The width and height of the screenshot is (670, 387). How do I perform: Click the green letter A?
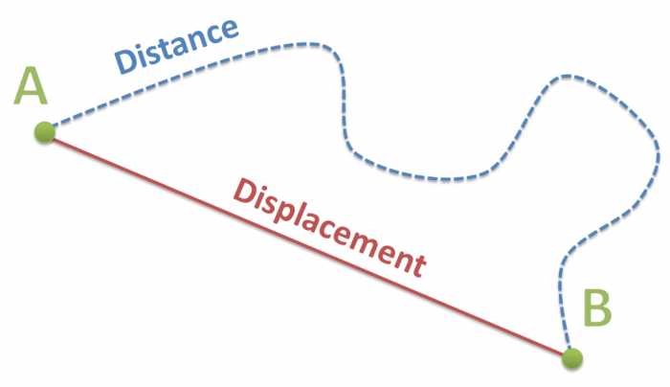point(30,85)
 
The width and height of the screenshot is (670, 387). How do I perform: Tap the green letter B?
point(597,307)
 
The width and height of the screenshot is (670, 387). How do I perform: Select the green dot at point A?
point(45,132)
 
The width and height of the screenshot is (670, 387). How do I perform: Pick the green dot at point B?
point(572,358)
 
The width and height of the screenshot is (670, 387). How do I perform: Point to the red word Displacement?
point(330,228)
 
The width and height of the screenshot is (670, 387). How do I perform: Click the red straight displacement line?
point(308,245)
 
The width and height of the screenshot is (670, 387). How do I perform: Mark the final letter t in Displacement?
point(418,264)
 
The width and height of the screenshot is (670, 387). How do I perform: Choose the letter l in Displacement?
point(306,213)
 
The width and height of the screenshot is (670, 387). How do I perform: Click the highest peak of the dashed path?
point(308,44)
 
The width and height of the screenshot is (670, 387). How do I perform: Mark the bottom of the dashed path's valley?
point(444,179)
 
